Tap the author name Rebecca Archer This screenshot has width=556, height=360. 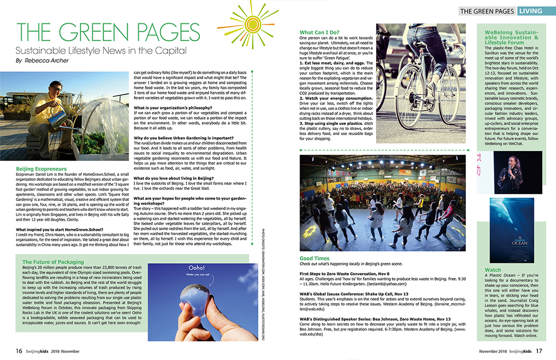[x=47, y=61]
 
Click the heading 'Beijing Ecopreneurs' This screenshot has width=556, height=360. [x=41, y=169]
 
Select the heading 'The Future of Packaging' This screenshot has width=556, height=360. [x=53, y=262]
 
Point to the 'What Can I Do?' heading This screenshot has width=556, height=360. [x=319, y=32]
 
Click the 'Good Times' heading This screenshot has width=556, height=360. [x=315, y=258]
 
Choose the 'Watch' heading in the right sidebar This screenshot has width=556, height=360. [x=492, y=270]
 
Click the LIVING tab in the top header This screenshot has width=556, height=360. [x=530, y=11]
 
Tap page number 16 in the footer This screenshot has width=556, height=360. [x=19, y=351]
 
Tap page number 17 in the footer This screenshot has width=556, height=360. [x=539, y=351]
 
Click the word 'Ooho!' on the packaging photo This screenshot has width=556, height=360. [x=197, y=268]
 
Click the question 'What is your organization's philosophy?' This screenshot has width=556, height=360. [x=173, y=108]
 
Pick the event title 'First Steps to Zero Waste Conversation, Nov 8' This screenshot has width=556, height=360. [x=345, y=274]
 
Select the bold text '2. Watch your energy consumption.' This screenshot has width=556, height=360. [x=336, y=98]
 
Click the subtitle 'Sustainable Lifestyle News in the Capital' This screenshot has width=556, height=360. [x=101, y=51]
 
